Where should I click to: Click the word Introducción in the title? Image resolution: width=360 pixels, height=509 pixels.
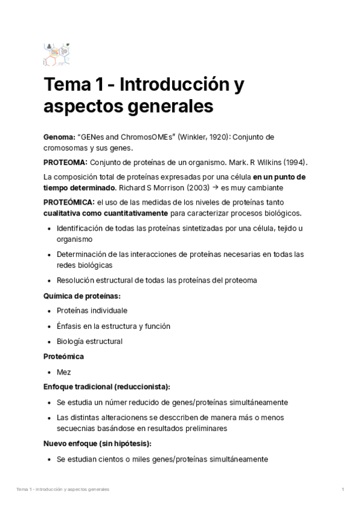click(x=175, y=85)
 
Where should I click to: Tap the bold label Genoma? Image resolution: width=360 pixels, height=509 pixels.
click(x=58, y=137)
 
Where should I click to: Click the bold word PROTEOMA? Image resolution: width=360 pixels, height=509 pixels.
click(x=65, y=163)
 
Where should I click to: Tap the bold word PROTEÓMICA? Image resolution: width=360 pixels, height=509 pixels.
click(x=69, y=202)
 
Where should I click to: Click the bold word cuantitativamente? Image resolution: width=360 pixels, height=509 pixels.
click(x=131, y=213)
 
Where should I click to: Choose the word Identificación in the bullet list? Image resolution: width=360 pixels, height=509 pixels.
click(x=82, y=229)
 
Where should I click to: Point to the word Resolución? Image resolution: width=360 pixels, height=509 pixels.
click(x=76, y=280)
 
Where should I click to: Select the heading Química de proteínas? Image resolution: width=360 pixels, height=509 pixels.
click(x=82, y=295)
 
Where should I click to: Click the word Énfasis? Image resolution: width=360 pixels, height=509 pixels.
click(x=70, y=326)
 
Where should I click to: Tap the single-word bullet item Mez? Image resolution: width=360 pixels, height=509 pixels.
click(x=64, y=372)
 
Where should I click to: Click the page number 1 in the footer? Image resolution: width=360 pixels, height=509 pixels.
click(x=342, y=490)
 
